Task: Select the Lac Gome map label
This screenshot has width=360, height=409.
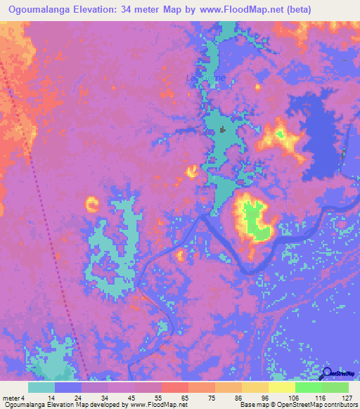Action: coord(206,78)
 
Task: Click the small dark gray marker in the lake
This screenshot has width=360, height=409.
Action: coord(223,129)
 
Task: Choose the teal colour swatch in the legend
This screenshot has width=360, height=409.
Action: coord(41,387)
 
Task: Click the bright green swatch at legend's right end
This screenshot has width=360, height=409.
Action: coord(335,387)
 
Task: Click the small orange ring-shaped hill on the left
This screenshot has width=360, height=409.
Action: coord(92,204)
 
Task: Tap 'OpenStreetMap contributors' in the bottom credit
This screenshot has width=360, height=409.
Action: coord(319,405)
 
